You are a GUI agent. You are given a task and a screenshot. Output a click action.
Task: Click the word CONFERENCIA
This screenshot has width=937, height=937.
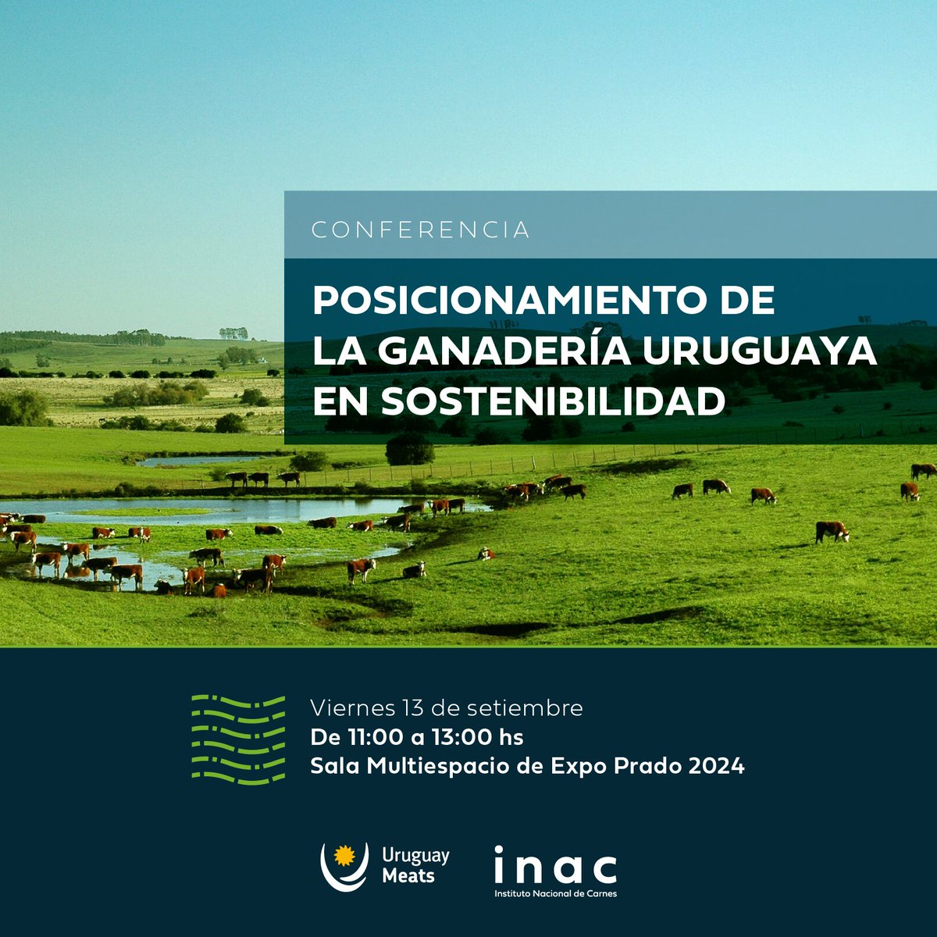[x=420, y=230]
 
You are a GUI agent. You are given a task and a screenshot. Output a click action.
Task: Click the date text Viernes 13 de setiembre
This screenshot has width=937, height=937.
[x=447, y=708]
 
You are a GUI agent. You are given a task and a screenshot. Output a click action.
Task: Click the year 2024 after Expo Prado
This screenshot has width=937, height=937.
[x=716, y=766]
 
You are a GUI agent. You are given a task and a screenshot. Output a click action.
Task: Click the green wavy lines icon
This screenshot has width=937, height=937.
[x=238, y=739]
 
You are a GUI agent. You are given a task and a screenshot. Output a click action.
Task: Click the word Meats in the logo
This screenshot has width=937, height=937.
[x=408, y=876]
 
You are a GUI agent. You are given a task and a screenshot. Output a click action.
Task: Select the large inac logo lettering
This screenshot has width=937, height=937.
[x=555, y=866]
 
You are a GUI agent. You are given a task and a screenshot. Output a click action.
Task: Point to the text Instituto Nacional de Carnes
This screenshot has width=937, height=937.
[x=555, y=893]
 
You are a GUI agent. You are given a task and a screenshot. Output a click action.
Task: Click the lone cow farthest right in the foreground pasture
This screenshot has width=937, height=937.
[x=832, y=531]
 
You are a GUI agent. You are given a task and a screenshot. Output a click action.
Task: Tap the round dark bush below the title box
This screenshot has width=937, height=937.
[x=410, y=449]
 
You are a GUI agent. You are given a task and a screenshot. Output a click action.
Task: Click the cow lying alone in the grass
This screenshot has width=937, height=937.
[x=486, y=554]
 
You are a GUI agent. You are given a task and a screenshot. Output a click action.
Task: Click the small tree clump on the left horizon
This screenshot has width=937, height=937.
[x=233, y=333]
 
